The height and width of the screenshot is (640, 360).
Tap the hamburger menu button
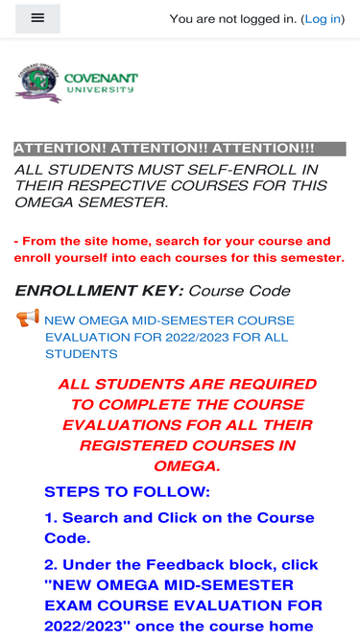[x=37, y=18]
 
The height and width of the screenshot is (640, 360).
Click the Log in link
[x=323, y=19]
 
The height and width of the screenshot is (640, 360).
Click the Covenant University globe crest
[x=37, y=83]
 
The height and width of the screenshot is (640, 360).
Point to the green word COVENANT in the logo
[x=101, y=78]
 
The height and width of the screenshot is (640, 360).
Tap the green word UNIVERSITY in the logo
[x=100, y=89]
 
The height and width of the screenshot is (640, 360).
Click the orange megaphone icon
[x=28, y=318]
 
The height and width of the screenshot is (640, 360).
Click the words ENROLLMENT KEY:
[x=99, y=291]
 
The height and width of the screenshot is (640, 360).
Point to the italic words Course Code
[x=239, y=291]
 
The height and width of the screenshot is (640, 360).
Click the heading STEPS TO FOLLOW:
[x=127, y=492]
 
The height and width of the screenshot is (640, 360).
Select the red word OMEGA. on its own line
[x=187, y=465]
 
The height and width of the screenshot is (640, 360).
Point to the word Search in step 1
[x=90, y=517]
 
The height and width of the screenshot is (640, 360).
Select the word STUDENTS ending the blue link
[x=82, y=354]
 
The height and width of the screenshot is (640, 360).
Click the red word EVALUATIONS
[x=122, y=425]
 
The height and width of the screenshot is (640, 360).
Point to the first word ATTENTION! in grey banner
[x=60, y=149]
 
